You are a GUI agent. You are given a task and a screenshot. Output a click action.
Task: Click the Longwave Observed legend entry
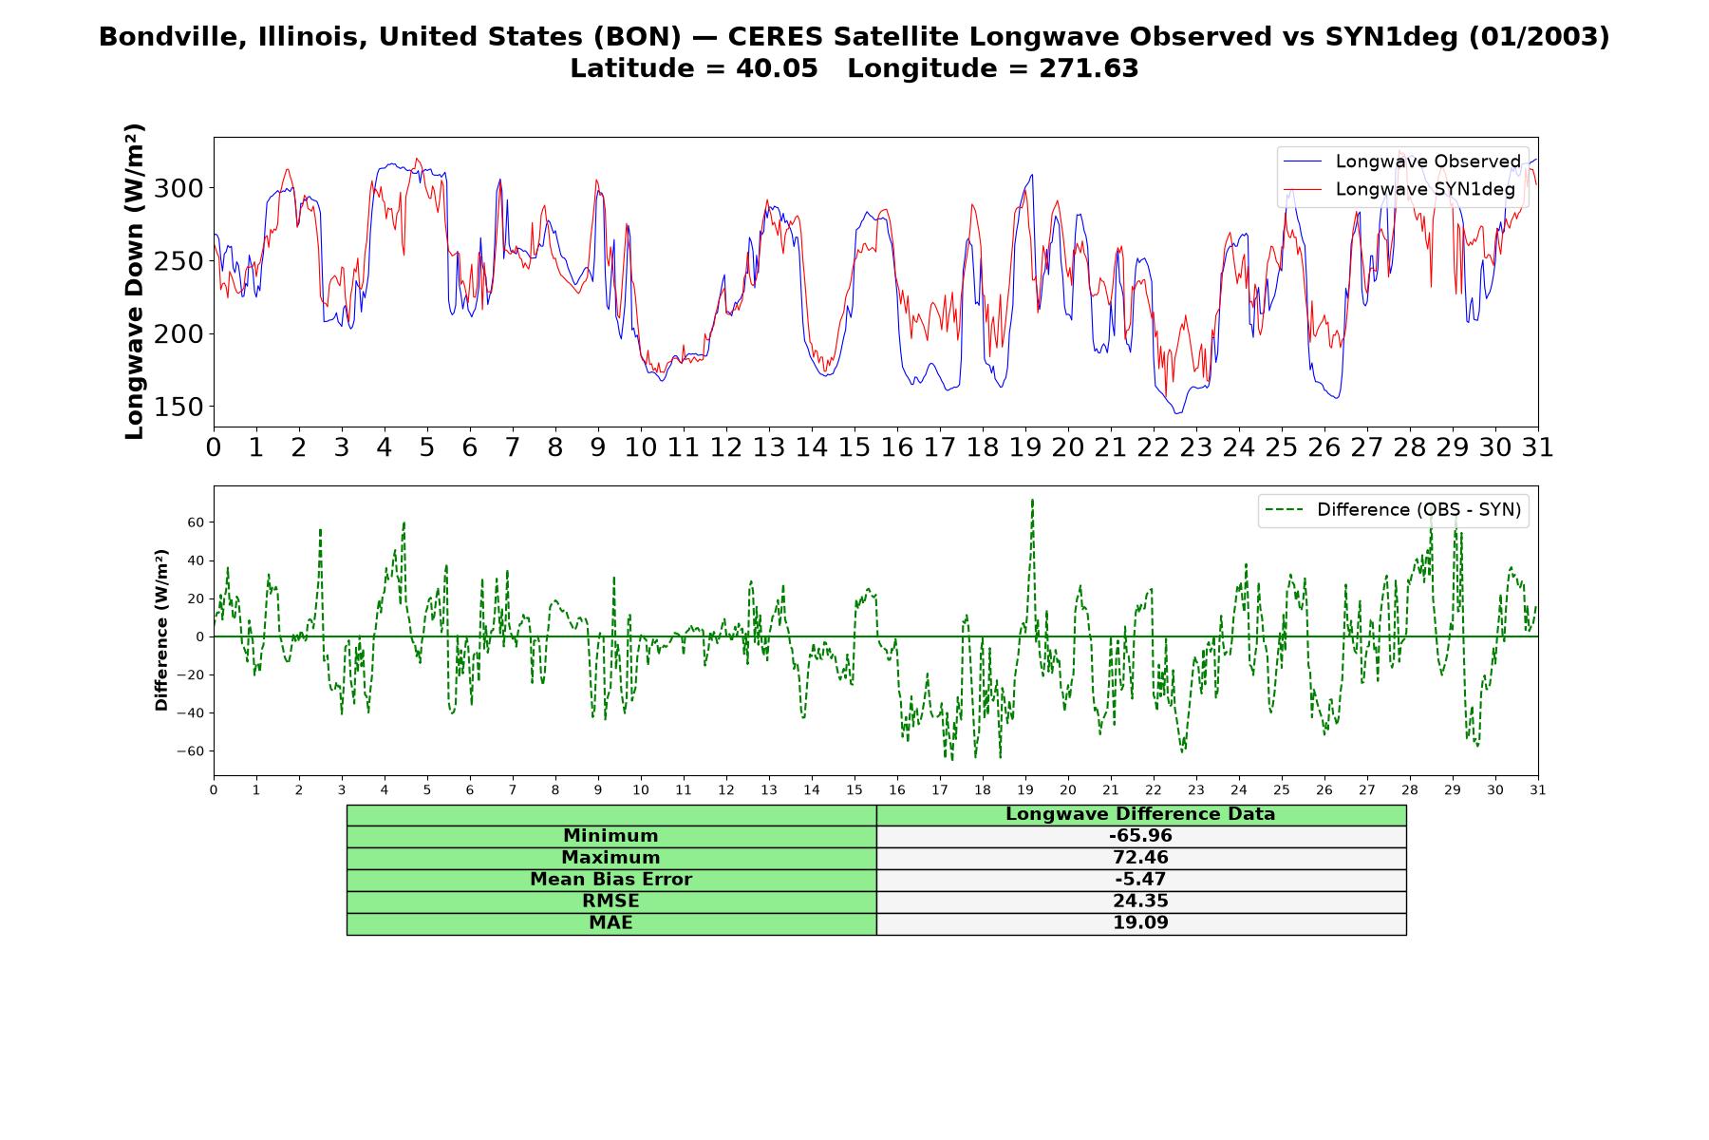(1402, 161)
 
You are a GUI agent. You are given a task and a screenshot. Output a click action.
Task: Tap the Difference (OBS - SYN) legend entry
(1394, 510)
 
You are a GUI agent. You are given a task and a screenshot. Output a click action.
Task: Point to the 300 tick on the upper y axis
(178, 188)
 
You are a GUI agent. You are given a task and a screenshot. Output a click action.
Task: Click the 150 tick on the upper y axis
(178, 407)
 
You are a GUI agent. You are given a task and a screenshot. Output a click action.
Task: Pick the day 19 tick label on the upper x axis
(1025, 447)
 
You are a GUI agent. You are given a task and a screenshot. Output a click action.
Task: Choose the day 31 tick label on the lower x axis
(1538, 789)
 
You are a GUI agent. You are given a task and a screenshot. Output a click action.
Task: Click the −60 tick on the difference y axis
(191, 750)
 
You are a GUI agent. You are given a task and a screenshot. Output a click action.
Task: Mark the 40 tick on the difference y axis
(196, 560)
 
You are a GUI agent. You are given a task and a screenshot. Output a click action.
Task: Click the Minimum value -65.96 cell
(1140, 836)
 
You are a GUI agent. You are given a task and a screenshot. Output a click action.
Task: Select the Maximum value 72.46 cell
(1140, 858)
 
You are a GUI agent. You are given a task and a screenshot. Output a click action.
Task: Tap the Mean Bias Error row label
(611, 880)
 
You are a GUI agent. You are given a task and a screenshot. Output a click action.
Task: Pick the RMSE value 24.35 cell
(1140, 902)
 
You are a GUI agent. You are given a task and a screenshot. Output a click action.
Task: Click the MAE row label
(611, 923)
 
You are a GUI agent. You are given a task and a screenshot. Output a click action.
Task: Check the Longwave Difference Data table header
(1140, 814)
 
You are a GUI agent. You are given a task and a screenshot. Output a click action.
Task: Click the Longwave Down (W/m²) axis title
(135, 281)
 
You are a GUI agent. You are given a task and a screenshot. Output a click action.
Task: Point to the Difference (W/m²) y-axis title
(161, 630)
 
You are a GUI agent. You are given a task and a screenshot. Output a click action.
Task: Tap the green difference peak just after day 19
(1032, 500)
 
